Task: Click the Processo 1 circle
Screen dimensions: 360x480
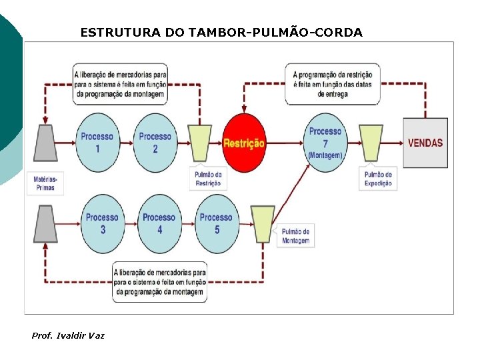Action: coord(97,143)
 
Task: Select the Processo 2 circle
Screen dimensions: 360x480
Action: coord(155,143)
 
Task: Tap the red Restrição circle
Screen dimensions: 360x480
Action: coord(243,143)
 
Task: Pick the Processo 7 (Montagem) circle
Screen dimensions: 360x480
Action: coord(325,143)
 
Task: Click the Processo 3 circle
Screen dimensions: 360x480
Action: coord(102,223)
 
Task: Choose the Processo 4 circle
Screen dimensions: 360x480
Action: coord(159,223)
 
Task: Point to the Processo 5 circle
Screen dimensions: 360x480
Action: coord(217,223)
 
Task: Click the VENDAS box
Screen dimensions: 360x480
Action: coord(425,143)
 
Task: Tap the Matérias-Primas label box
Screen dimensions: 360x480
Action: coord(45,184)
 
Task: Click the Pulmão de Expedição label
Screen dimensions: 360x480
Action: coord(378,179)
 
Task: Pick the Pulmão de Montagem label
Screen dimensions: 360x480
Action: coord(295,236)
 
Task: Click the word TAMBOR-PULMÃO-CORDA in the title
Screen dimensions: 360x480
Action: coord(273,32)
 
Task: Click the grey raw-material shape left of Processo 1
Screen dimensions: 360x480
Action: coord(47,143)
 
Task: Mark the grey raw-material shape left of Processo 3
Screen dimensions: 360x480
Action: coord(46,223)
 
